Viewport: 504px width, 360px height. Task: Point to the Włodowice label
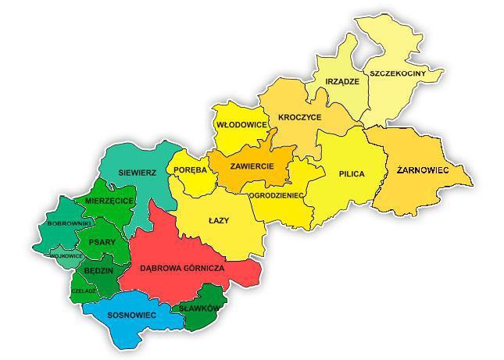click(x=242, y=125)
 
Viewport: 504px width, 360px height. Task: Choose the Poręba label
click(x=190, y=170)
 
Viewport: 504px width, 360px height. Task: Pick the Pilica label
click(x=352, y=173)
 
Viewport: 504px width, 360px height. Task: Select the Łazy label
click(x=219, y=221)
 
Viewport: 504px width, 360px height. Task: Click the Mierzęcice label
click(x=109, y=201)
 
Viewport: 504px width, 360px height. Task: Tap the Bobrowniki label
click(x=70, y=224)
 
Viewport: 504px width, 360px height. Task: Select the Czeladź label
click(x=84, y=290)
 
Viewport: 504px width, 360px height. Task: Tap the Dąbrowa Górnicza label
click(x=182, y=268)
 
